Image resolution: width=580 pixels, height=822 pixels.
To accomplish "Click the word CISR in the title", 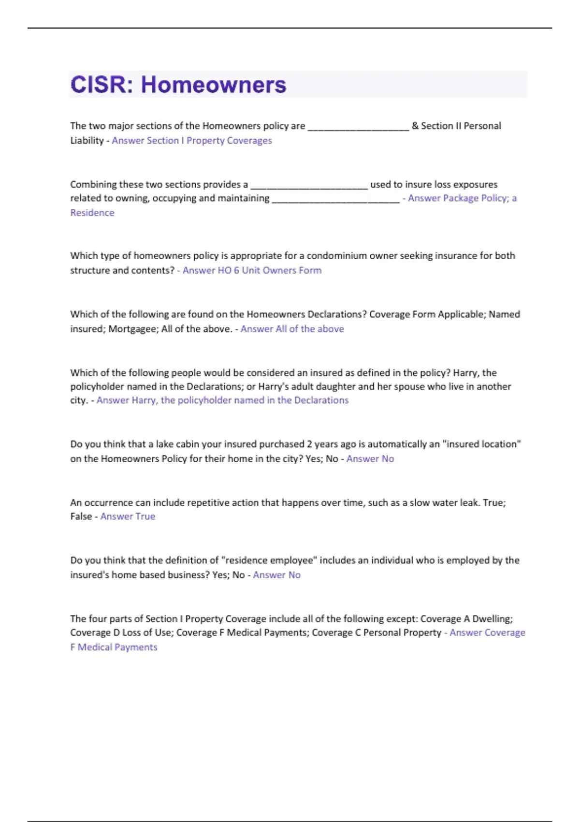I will [98, 85].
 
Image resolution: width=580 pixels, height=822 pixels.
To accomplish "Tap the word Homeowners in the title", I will [213, 85].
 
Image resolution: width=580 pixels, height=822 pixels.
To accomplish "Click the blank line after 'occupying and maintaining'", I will [335, 200].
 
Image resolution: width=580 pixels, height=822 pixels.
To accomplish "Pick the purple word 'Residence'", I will [92, 213].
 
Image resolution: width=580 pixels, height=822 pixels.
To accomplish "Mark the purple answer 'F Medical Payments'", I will [114, 647].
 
